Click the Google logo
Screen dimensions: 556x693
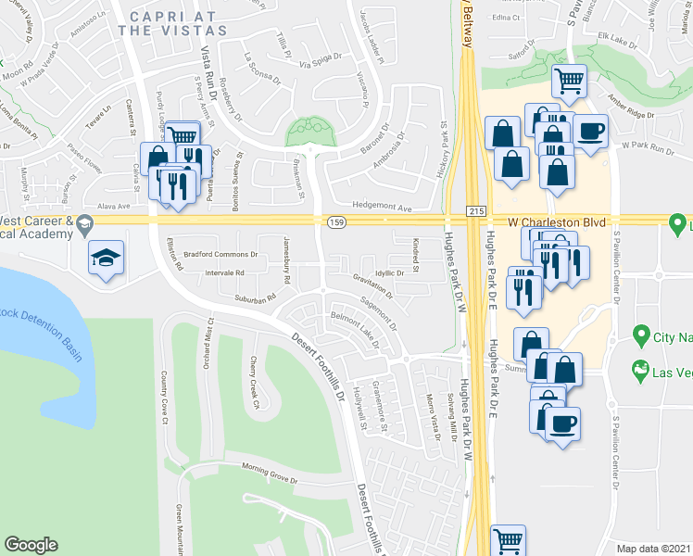(x=31, y=545)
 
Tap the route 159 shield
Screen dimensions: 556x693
(x=337, y=221)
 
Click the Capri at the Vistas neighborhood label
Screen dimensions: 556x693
(x=173, y=23)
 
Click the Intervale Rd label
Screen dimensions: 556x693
(x=226, y=273)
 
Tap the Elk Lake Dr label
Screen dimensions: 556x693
(x=613, y=36)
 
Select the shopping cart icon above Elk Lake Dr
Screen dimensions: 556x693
(x=569, y=81)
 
